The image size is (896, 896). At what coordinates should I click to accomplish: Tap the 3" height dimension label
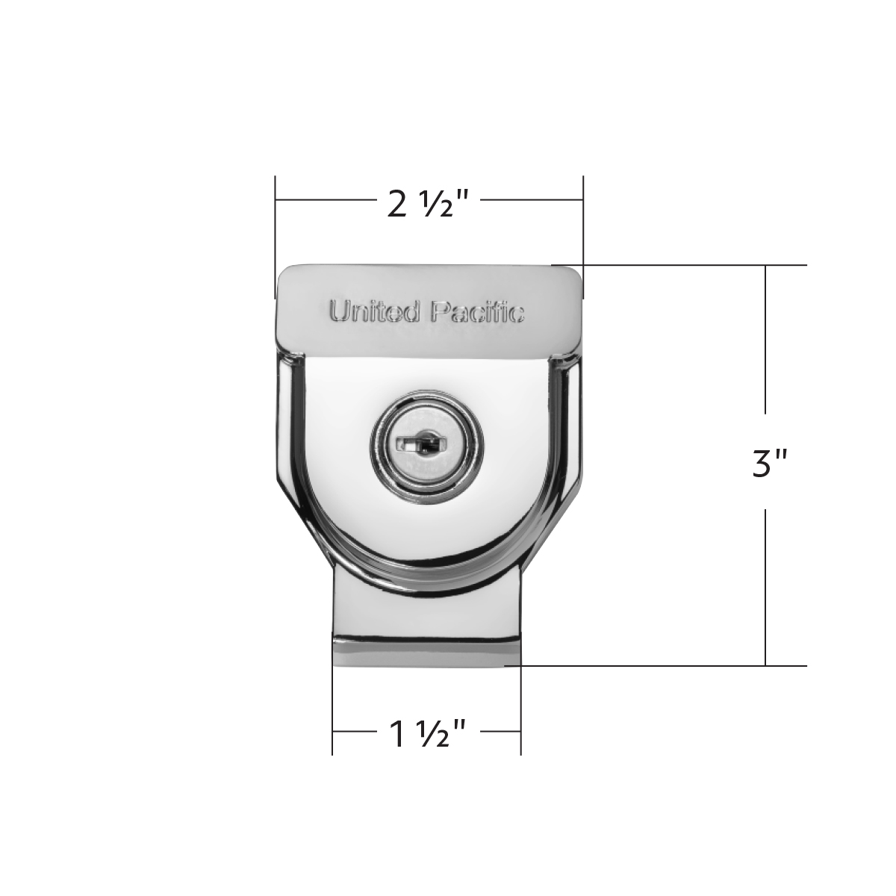pos(768,463)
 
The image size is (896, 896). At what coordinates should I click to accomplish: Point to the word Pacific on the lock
pos(479,311)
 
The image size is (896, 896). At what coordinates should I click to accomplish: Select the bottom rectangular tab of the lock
pos(426,627)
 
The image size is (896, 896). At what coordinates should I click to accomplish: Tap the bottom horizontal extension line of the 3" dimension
pos(672,665)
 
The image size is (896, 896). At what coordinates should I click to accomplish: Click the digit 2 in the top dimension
pos(398,203)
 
